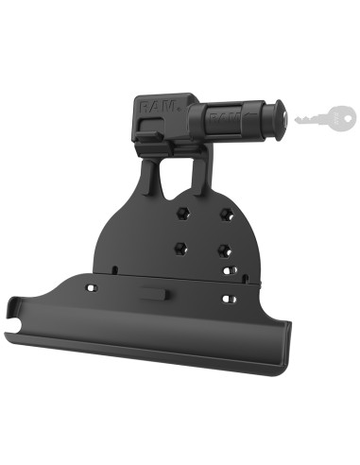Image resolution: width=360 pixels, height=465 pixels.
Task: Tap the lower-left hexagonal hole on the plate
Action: (179, 249)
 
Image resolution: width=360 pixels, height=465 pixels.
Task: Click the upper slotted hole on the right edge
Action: (229, 269)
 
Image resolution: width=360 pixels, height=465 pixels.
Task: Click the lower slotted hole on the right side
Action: (226, 299)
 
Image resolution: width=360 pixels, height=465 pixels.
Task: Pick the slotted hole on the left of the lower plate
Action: (92, 284)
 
